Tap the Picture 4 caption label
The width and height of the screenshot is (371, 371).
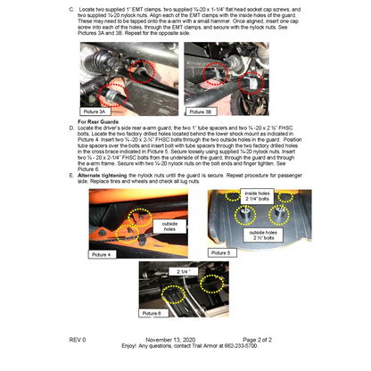point(103,254)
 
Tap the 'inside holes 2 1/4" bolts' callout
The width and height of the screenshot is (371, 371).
point(257,196)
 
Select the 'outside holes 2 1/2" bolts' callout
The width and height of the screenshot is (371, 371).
point(265,235)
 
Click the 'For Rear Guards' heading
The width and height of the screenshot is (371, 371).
point(99,120)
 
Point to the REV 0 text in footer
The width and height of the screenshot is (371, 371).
point(78,340)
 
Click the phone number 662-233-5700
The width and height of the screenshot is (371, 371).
point(237,346)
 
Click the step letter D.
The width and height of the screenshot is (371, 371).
point(71,127)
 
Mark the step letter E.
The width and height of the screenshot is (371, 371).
point(71,175)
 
